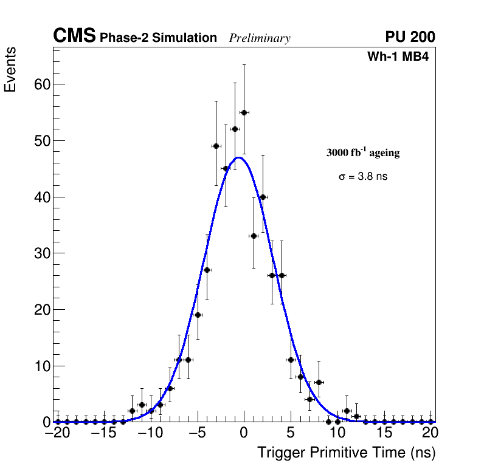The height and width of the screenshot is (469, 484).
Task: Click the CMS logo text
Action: pos(74,36)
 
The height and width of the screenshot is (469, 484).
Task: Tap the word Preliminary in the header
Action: pos(260,38)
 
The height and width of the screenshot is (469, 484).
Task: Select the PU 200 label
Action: pos(410,37)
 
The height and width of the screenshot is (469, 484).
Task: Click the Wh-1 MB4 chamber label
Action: pos(398,57)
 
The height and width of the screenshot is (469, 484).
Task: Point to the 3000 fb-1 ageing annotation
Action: pos(363,153)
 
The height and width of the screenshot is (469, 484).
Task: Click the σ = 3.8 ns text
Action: pos(363,177)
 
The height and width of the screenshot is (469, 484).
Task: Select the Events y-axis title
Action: pos(10,70)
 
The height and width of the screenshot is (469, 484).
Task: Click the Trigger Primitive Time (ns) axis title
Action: pos(346,453)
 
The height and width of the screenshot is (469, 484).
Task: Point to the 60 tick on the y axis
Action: pos(41,84)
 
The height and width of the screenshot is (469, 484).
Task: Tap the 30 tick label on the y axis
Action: pos(41,253)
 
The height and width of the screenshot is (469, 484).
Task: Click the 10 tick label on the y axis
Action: pos(41,366)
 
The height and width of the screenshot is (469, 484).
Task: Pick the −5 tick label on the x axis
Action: pos(197,433)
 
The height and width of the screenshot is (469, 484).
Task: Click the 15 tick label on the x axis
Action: pos(384,433)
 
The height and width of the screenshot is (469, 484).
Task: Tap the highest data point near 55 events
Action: pos(244,112)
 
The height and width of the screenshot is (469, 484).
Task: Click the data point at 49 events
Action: pos(216,146)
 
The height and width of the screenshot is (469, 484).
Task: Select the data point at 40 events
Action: pos(263,197)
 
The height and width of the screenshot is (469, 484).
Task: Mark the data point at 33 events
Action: pos(254,236)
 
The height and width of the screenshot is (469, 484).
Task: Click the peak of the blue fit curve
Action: pos(239,157)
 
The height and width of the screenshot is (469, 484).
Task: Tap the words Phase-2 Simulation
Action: pos(158,38)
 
